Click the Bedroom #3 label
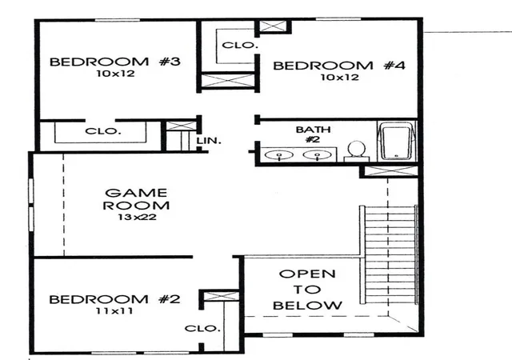coord(114,62)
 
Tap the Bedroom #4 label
coord(339,66)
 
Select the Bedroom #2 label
coord(114,299)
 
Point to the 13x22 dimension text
coord(137,217)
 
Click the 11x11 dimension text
coord(114,310)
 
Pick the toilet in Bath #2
coord(356,151)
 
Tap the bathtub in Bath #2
coord(397,141)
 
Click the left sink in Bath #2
coord(279,155)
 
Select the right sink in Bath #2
coord(317,155)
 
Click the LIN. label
coord(209,141)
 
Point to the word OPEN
coord(307,274)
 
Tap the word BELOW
coord(307,306)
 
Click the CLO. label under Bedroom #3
coord(103,131)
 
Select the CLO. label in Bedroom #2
coord(202,328)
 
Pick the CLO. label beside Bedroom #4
coord(240,45)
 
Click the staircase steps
coord(390,255)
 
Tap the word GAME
coord(136,193)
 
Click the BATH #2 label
coord(313,134)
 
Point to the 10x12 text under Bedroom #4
coord(339,78)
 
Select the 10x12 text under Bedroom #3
coord(115,74)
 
